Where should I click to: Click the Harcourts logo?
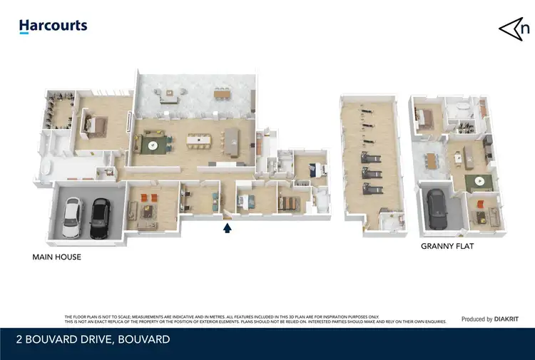click(53, 26)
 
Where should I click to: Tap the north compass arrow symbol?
click(514, 29)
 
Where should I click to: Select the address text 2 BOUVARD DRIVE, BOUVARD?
click(94, 340)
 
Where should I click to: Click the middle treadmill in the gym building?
click(372, 156)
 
